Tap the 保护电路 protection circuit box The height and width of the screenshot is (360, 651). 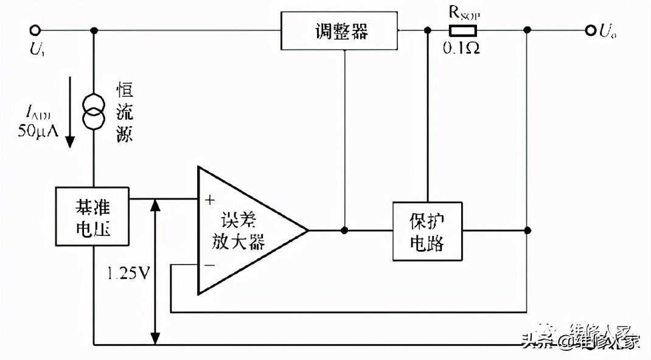(x=427, y=231)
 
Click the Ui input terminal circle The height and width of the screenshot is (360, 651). (x=36, y=30)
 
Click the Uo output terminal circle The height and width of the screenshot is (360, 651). (x=590, y=30)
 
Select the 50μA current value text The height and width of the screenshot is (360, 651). (x=38, y=130)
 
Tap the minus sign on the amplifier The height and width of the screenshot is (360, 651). (x=210, y=266)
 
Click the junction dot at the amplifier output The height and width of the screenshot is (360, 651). (x=345, y=230)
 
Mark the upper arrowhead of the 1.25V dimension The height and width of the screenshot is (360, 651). (x=156, y=204)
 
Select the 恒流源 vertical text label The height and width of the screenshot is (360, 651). (x=125, y=113)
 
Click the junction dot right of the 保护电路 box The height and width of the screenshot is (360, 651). (x=527, y=230)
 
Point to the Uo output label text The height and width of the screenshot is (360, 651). (x=608, y=32)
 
